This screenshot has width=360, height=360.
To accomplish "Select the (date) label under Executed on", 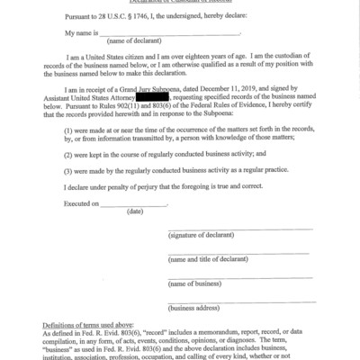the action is point(136,211).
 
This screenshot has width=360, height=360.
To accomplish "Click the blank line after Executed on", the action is point(136,202).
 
